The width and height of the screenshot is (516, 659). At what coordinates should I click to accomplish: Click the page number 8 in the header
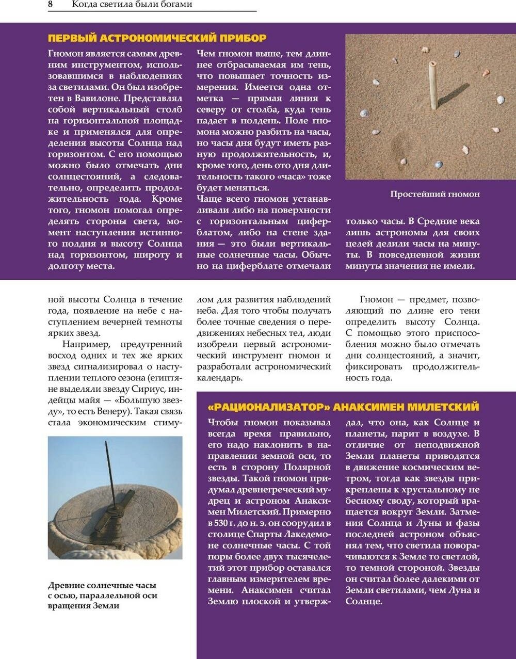click(x=51, y=5)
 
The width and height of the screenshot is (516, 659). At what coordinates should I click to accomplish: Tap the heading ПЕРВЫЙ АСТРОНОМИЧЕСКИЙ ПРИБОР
click(x=157, y=38)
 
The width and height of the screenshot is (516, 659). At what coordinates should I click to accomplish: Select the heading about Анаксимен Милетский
click(x=343, y=407)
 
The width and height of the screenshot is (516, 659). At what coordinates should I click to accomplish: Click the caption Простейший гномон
click(x=434, y=195)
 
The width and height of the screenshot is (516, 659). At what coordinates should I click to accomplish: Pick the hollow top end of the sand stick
click(x=432, y=64)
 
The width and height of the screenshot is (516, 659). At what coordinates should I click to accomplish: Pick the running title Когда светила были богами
click(x=132, y=5)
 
